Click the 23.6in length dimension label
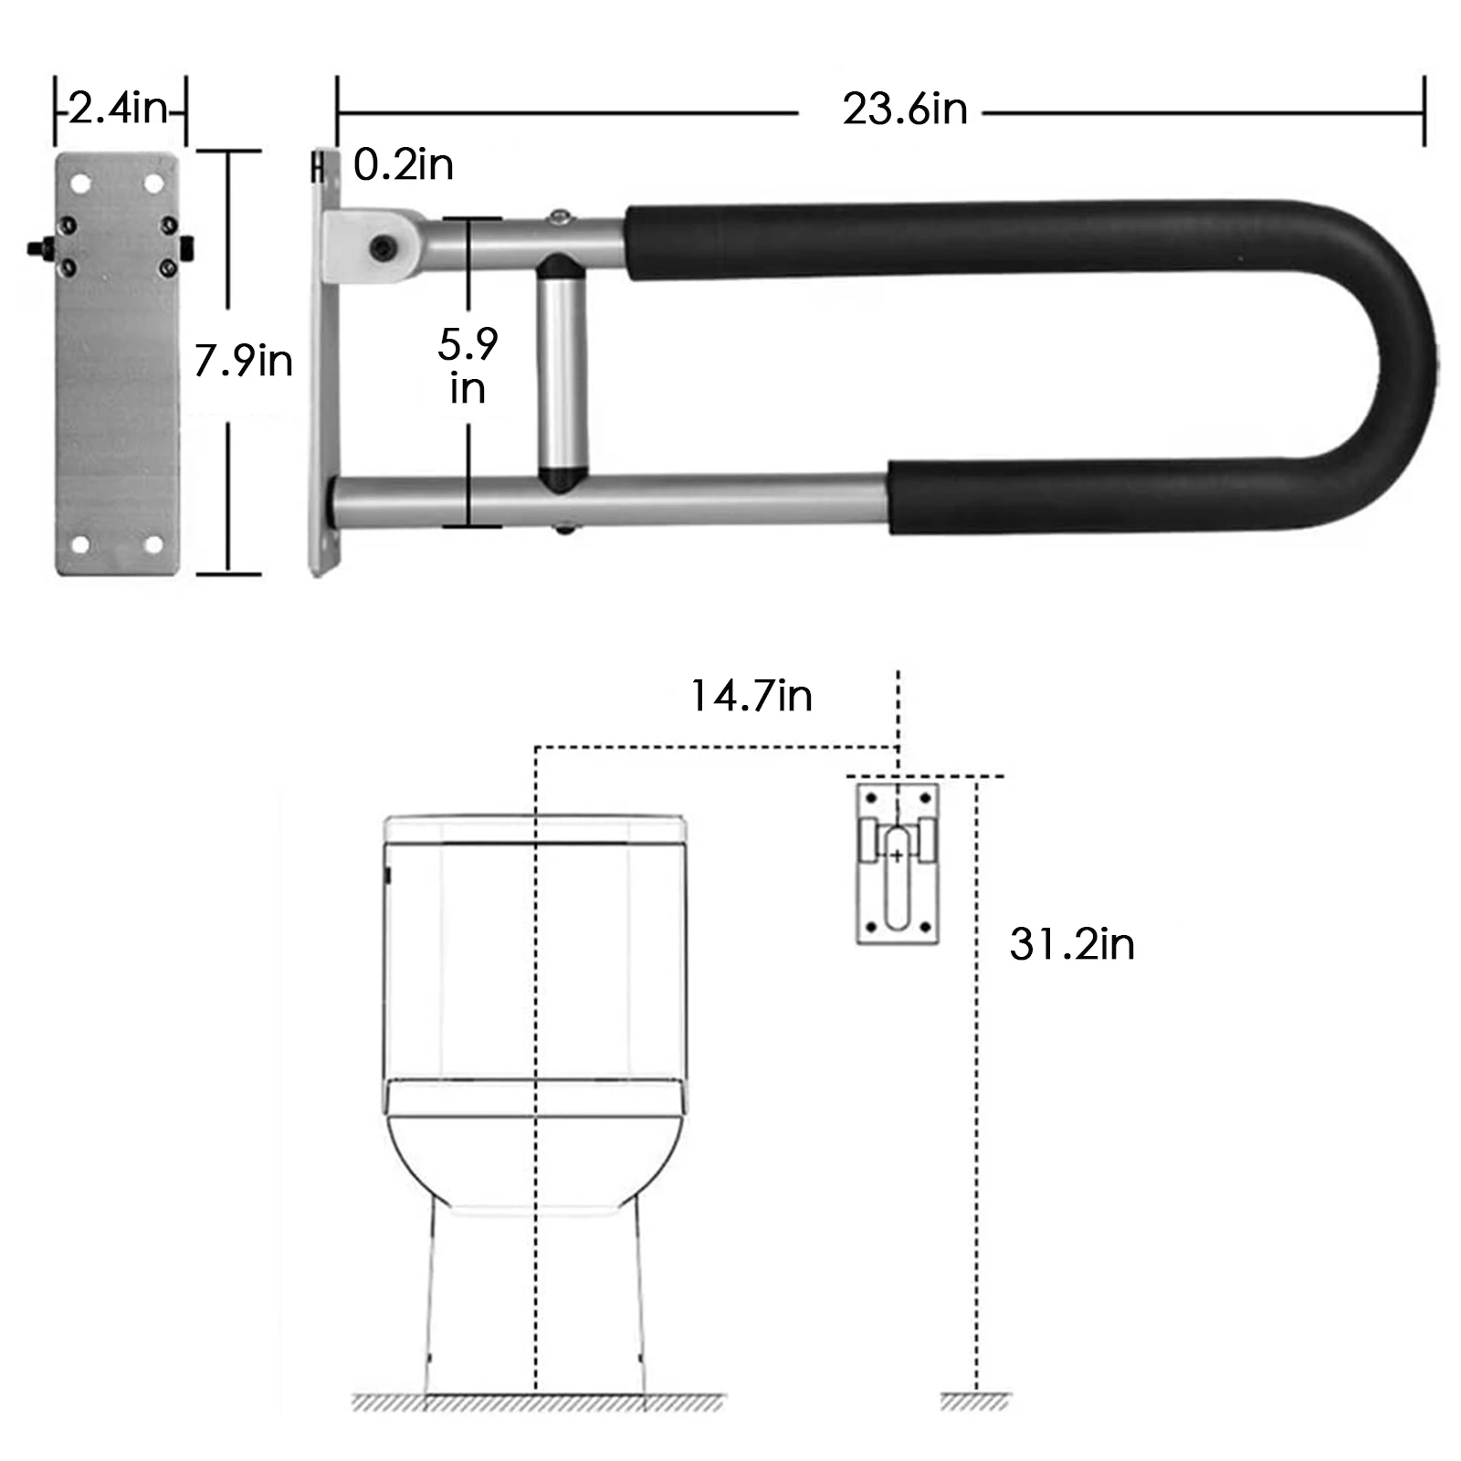coord(904,110)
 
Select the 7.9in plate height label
coord(243,361)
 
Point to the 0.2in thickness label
coord(403,165)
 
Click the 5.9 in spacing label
coord(468,366)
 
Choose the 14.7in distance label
coord(751,696)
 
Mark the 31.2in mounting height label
coord(1071,944)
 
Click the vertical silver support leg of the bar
coord(562,374)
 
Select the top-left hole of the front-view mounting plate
coord(80,184)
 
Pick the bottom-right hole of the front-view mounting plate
coord(153,545)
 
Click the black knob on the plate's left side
coord(37,247)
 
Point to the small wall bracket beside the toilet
coord(898,863)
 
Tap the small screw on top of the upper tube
coord(559,215)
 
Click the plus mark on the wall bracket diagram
coord(898,856)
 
